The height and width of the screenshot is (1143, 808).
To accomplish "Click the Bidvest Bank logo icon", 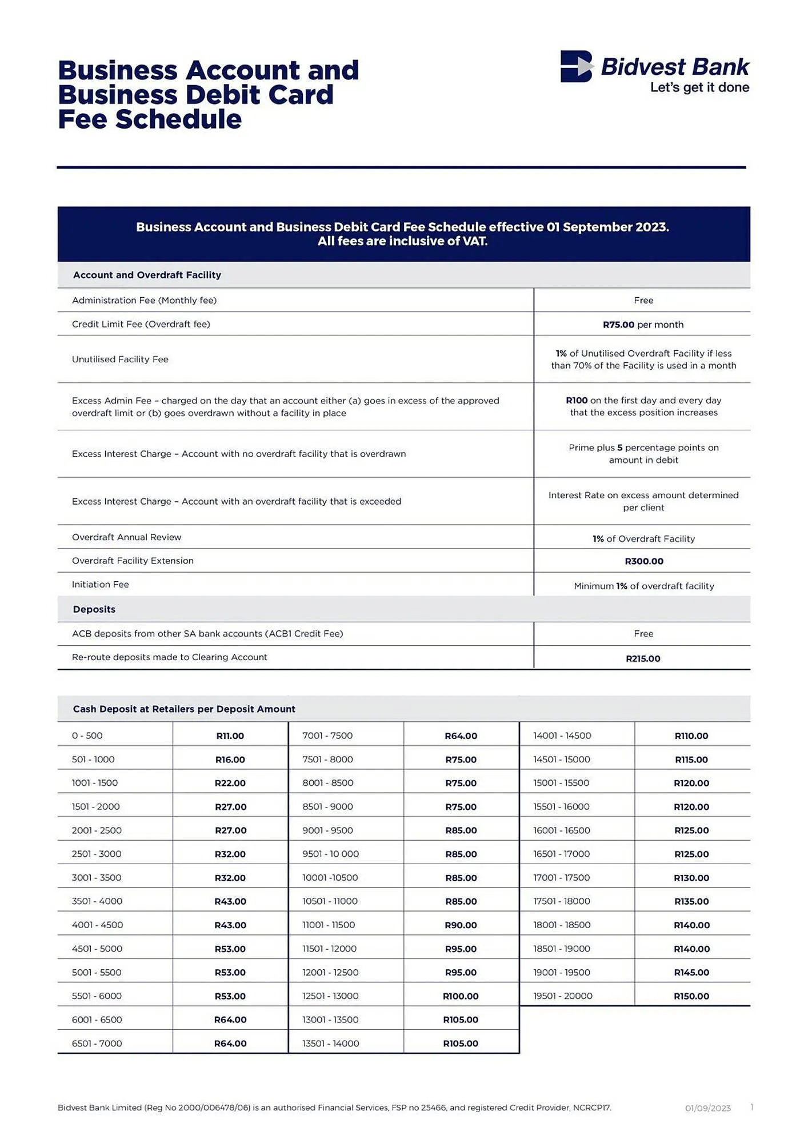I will (x=576, y=66).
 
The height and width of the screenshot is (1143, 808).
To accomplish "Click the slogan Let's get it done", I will (x=699, y=87).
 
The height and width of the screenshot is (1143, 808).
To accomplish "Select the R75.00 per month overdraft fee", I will (x=643, y=325).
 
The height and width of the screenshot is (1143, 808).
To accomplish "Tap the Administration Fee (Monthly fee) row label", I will (x=144, y=301).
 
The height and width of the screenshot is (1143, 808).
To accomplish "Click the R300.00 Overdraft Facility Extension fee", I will (x=643, y=561).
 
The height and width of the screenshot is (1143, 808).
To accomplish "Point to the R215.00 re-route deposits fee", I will (x=643, y=658).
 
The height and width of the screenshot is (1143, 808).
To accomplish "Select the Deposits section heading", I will (x=94, y=609).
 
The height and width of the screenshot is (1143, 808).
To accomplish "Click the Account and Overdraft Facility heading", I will (x=147, y=275).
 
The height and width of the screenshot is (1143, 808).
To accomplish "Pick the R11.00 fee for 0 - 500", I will (x=230, y=736).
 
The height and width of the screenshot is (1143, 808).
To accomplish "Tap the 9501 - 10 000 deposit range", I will (x=330, y=854).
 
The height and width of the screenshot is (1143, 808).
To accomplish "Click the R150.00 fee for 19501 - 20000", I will (x=691, y=996).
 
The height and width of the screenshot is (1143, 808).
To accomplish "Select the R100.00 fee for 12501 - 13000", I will (x=461, y=996).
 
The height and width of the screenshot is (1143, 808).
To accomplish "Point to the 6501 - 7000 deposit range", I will (x=97, y=1044).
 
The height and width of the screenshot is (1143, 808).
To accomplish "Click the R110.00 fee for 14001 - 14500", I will (x=691, y=736).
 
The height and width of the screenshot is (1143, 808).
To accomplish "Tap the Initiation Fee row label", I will (x=101, y=585).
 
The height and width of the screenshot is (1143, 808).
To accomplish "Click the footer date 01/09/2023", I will (x=707, y=1108).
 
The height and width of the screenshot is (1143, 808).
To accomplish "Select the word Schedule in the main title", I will (x=178, y=119).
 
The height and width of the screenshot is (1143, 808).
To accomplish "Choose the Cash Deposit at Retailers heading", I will (x=184, y=709).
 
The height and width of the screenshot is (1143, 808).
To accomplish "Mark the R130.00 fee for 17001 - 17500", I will (x=691, y=878).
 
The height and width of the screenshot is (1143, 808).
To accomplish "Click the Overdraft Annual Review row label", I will (x=126, y=537).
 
